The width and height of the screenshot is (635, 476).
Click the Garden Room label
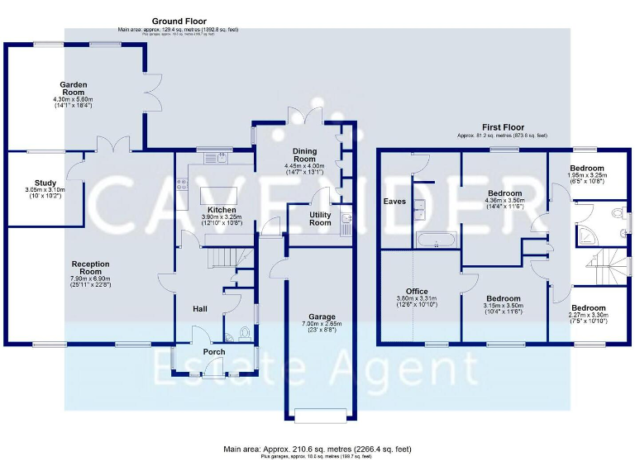tap(73, 84)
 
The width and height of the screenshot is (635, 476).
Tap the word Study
tap(44, 183)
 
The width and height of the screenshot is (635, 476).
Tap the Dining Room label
tap(305, 153)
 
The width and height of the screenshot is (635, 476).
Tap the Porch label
tap(214, 352)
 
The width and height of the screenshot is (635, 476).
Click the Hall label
tap(200, 309)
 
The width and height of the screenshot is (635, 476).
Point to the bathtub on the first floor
tap(435, 240)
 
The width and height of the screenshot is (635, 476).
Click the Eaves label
tap(393, 201)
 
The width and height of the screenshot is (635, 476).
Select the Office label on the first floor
tap(417, 291)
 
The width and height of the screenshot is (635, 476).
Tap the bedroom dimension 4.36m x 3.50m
tap(504, 199)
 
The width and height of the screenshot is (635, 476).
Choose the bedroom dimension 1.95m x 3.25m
tap(588, 175)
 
